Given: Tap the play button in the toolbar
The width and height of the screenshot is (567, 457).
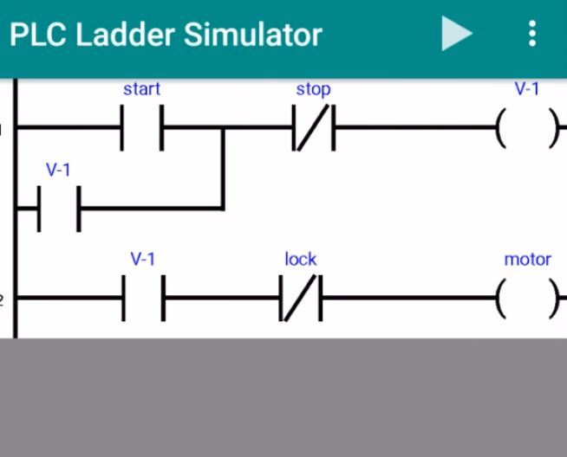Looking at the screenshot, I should (x=456, y=34).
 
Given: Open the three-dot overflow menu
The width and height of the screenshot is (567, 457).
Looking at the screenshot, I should (x=532, y=34).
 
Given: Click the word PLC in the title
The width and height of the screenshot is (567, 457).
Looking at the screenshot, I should (x=37, y=35).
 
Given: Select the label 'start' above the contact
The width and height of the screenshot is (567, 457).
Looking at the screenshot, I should (x=141, y=88).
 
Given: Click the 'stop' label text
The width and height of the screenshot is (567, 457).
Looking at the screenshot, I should (x=313, y=88).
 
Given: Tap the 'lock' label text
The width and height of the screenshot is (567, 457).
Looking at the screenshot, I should (x=301, y=259).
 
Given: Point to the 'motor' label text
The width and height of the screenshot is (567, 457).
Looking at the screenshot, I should (x=527, y=259).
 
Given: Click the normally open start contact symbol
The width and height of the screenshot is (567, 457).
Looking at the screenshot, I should (x=141, y=128).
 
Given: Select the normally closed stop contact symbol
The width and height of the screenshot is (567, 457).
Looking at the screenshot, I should (x=313, y=129).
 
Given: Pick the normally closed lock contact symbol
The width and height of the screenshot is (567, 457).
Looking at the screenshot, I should (x=301, y=299).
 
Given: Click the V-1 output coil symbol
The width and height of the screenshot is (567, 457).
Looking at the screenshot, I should (x=527, y=129).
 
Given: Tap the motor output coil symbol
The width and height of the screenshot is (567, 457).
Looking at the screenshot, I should (x=527, y=299).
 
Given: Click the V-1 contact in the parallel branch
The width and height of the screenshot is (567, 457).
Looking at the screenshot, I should (x=59, y=209).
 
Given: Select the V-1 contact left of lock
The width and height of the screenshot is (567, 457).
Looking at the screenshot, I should (x=143, y=299).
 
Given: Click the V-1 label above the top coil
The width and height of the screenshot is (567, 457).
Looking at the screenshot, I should (x=527, y=88).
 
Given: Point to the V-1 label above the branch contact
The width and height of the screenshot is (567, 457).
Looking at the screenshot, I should (x=58, y=170).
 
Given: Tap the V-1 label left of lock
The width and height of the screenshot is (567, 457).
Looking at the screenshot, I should (x=143, y=259).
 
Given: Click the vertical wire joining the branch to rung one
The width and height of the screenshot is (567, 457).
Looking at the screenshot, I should (x=224, y=169).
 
